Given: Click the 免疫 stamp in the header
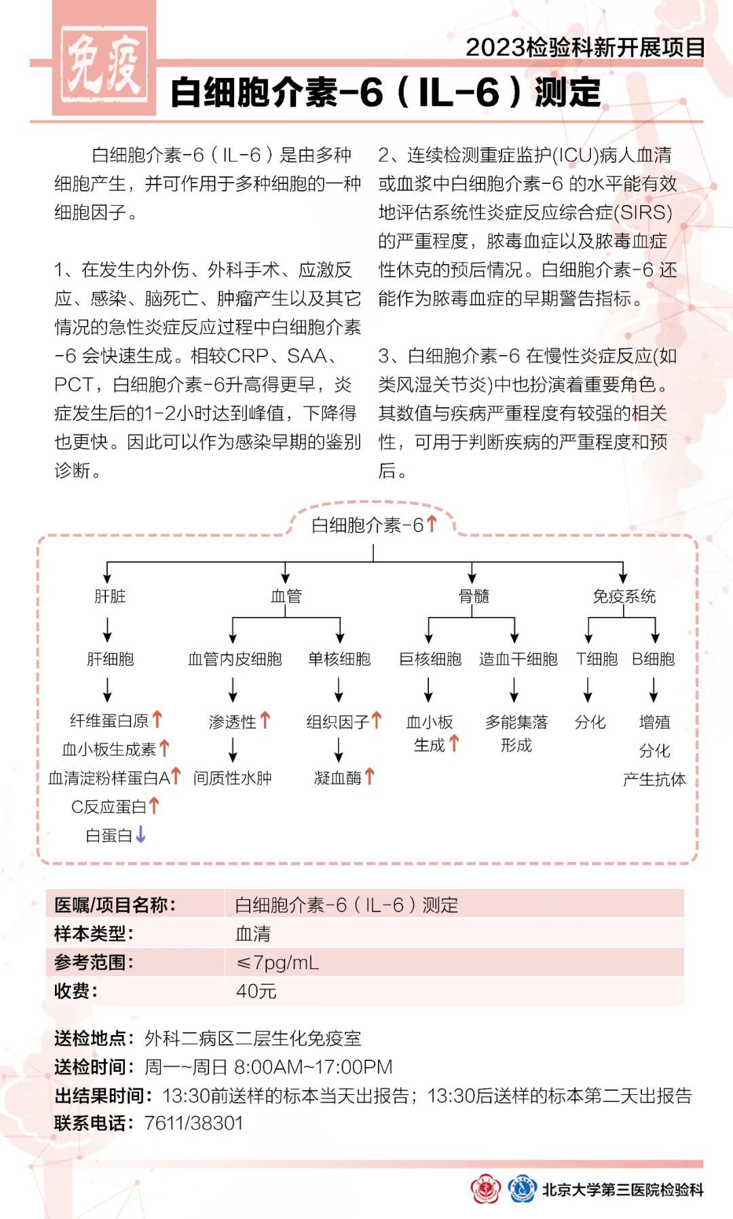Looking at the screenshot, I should point(104,65).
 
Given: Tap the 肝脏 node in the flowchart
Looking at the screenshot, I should point(110,596).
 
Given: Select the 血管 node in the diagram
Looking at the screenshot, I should point(286,596).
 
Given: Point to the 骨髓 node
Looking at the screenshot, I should point(473,596).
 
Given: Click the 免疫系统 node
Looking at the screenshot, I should point(624,596).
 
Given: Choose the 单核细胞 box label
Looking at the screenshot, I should point(339,658).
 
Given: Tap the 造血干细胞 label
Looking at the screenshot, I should point(518,658).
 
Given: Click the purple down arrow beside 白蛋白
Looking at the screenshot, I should point(140,834).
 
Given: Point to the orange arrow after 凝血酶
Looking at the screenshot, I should point(369,776).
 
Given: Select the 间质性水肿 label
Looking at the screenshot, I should point(232,778).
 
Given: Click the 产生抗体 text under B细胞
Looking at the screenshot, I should point(654,779).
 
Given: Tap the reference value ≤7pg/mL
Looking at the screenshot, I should point(277,962).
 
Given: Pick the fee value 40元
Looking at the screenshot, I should point(256,991).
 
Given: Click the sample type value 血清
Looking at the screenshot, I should point(252,934).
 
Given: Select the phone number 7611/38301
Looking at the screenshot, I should point(193,1123).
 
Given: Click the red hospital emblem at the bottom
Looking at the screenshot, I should point(485,1189).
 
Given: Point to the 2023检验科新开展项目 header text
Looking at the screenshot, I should point(585,48).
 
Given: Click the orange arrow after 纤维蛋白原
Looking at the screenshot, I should point(157,719).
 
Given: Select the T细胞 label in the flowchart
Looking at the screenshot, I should point(597,658).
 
